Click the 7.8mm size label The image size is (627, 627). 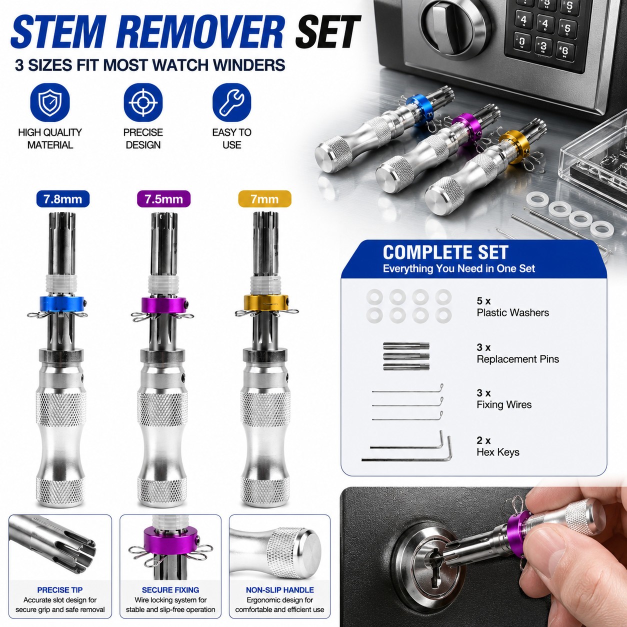pyautogui.click(x=63, y=199)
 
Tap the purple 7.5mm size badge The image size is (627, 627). pyautogui.click(x=163, y=199)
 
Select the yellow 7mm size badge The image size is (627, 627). pyautogui.click(x=264, y=199)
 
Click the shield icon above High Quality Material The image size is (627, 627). pyautogui.click(x=50, y=102)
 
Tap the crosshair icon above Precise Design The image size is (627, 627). pyautogui.click(x=143, y=102)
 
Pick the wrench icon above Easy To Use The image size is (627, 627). pyautogui.click(x=231, y=102)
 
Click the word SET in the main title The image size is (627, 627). pyautogui.click(x=327, y=32)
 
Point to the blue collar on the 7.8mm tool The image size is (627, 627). pyautogui.click(x=62, y=303)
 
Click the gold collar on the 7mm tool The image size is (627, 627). pyautogui.click(x=266, y=302)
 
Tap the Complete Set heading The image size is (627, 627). pyautogui.click(x=445, y=252)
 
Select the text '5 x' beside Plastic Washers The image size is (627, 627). pyautogui.click(x=483, y=300)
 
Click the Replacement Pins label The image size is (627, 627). pyautogui.click(x=517, y=359)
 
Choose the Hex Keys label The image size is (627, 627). pyautogui.click(x=498, y=452)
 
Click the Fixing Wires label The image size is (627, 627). pyautogui.click(x=504, y=405)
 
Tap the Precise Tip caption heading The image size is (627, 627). pyautogui.click(x=60, y=590)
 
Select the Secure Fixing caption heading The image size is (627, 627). pyautogui.click(x=170, y=590)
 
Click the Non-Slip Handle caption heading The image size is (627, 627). pyautogui.click(x=280, y=590)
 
